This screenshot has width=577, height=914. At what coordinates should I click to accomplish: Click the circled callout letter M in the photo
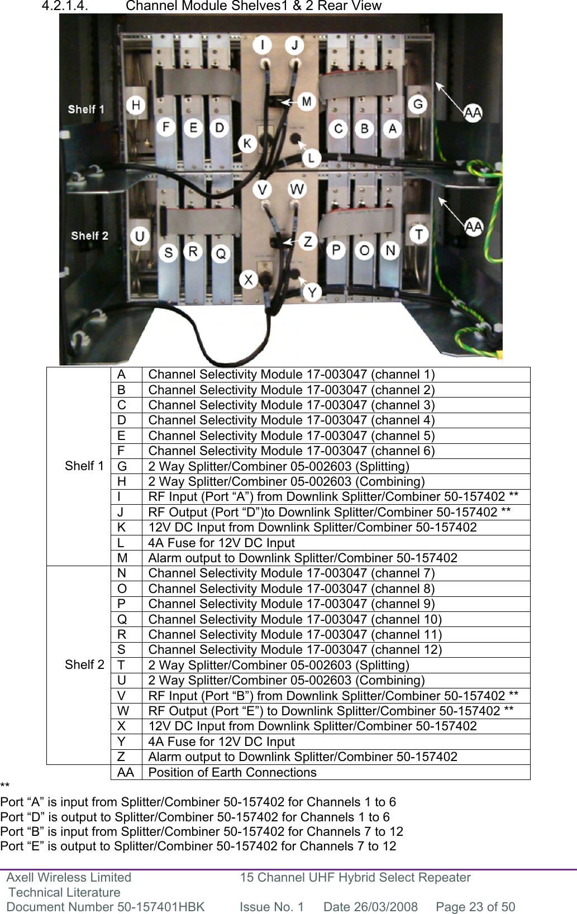tap(307, 102)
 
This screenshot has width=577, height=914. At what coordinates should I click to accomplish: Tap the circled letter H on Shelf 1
tap(135, 105)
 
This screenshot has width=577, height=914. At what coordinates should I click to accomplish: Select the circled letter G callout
tap(418, 104)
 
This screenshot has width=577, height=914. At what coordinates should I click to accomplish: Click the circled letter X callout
tap(249, 279)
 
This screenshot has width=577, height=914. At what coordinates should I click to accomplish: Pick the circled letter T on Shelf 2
tap(419, 234)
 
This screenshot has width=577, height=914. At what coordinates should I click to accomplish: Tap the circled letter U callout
tap(139, 236)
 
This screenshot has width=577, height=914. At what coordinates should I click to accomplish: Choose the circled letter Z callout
tap(308, 242)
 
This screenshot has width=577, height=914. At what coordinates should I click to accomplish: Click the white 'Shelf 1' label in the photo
tap(86, 109)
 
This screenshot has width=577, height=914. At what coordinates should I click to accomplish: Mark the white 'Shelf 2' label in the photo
tap(89, 236)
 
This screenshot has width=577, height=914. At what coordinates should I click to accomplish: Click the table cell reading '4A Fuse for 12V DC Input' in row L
tap(221, 543)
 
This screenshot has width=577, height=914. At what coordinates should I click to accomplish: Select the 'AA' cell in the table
tap(126, 772)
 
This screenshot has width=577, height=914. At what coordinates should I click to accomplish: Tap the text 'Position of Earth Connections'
tap(232, 772)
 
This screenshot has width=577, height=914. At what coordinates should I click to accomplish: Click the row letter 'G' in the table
tap(122, 466)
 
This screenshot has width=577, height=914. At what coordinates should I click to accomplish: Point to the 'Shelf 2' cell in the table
tap(84, 664)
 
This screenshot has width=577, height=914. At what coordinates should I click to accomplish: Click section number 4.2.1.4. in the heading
tap(65, 6)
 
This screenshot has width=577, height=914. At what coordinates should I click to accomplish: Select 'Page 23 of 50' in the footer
tap(475, 907)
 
